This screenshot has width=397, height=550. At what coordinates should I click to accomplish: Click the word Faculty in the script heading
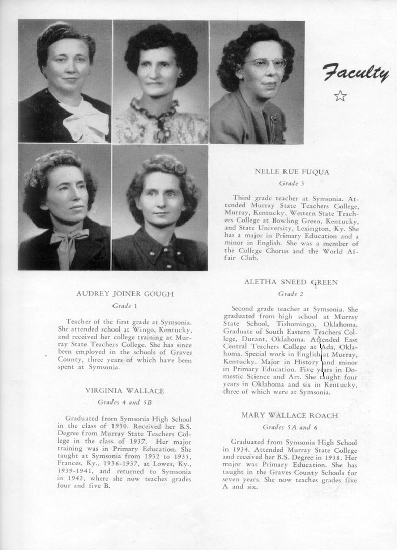[x=355, y=73]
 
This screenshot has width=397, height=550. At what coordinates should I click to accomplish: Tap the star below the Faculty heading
[x=340, y=96]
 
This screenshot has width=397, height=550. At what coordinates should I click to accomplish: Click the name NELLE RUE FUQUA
[x=292, y=172]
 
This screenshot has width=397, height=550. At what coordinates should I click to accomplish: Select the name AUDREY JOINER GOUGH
[x=125, y=294]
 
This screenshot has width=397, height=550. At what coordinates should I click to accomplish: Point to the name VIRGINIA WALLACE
[x=125, y=391]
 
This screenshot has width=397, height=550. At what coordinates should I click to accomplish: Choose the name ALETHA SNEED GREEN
[x=291, y=282]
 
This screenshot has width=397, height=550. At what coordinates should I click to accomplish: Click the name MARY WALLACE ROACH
[x=290, y=415]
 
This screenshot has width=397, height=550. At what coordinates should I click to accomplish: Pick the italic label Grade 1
[x=125, y=306]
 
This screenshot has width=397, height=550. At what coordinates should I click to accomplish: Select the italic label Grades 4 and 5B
[x=125, y=402]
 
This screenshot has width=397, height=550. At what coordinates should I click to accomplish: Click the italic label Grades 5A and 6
[x=290, y=427]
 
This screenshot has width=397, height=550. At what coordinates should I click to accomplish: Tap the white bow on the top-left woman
[x=87, y=121]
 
